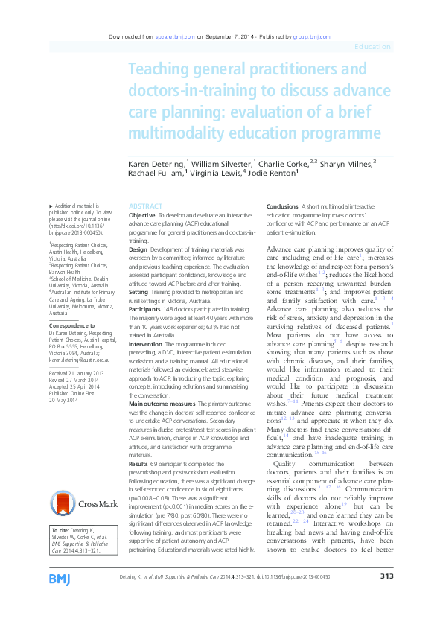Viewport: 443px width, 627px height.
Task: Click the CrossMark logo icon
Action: [65, 503]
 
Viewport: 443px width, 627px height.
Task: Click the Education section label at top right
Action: [373, 47]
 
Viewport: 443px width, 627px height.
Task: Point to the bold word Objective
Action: [142, 214]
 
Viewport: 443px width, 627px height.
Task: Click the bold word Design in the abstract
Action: [138, 249]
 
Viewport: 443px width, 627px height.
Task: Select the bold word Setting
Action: [139, 293]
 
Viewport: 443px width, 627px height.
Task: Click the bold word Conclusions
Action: [283, 206]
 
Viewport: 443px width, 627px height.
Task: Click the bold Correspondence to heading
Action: [71, 325]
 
